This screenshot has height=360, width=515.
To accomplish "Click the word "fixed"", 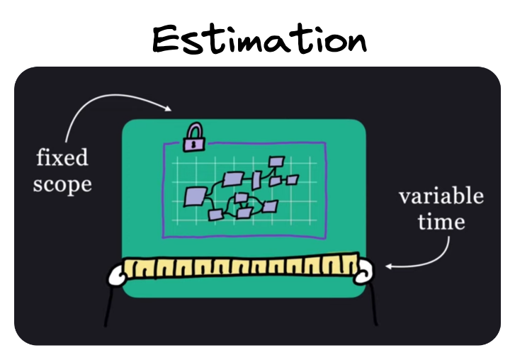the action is [x=62, y=157].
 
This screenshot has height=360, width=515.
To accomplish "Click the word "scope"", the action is [x=62, y=184].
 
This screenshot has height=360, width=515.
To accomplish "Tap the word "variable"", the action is [x=441, y=196].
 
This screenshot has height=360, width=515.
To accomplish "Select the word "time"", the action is [x=441, y=222].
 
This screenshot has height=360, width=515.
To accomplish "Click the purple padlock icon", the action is [x=193, y=138].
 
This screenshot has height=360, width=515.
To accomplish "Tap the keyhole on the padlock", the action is [x=193, y=144].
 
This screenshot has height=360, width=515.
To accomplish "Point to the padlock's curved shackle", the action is [x=193, y=130].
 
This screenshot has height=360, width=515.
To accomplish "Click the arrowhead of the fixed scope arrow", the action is [x=169, y=109].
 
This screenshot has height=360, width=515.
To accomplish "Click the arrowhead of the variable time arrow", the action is [x=389, y=267].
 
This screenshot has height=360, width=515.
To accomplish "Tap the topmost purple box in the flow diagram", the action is [x=276, y=162].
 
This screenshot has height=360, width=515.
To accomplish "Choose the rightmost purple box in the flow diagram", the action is [x=292, y=180].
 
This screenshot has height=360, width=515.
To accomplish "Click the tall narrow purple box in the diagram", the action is [x=256, y=180].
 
